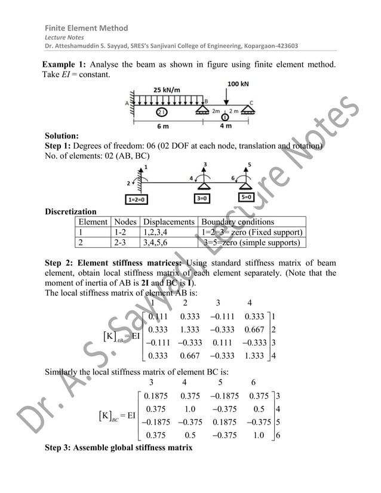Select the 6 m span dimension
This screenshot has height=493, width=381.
point(162,126)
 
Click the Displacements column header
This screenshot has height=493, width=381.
point(170,220)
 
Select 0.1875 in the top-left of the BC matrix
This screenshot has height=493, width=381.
point(158,396)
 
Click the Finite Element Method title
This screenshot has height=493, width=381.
point(87,28)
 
